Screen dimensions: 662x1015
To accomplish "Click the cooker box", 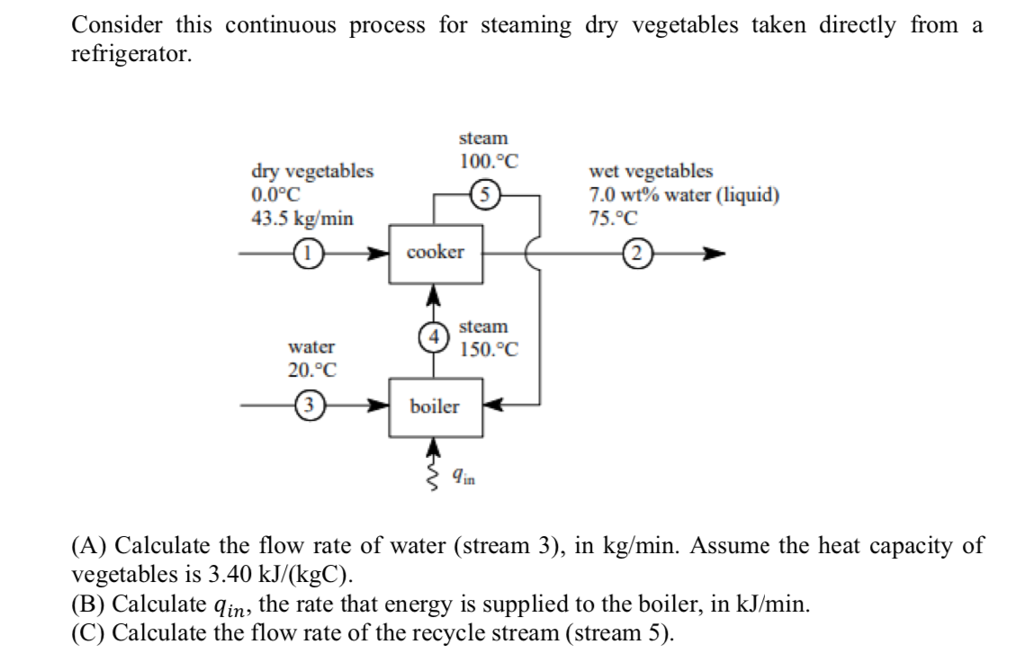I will pyautogui.click(x=436, y=253).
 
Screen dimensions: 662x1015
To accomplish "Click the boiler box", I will pyautogui.click(x=436, y=407).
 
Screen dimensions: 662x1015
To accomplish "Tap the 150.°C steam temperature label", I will pyautogui.click(x=489, y=350).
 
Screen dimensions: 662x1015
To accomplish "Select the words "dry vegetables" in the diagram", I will pyautogui.click(x=311, y=172).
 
